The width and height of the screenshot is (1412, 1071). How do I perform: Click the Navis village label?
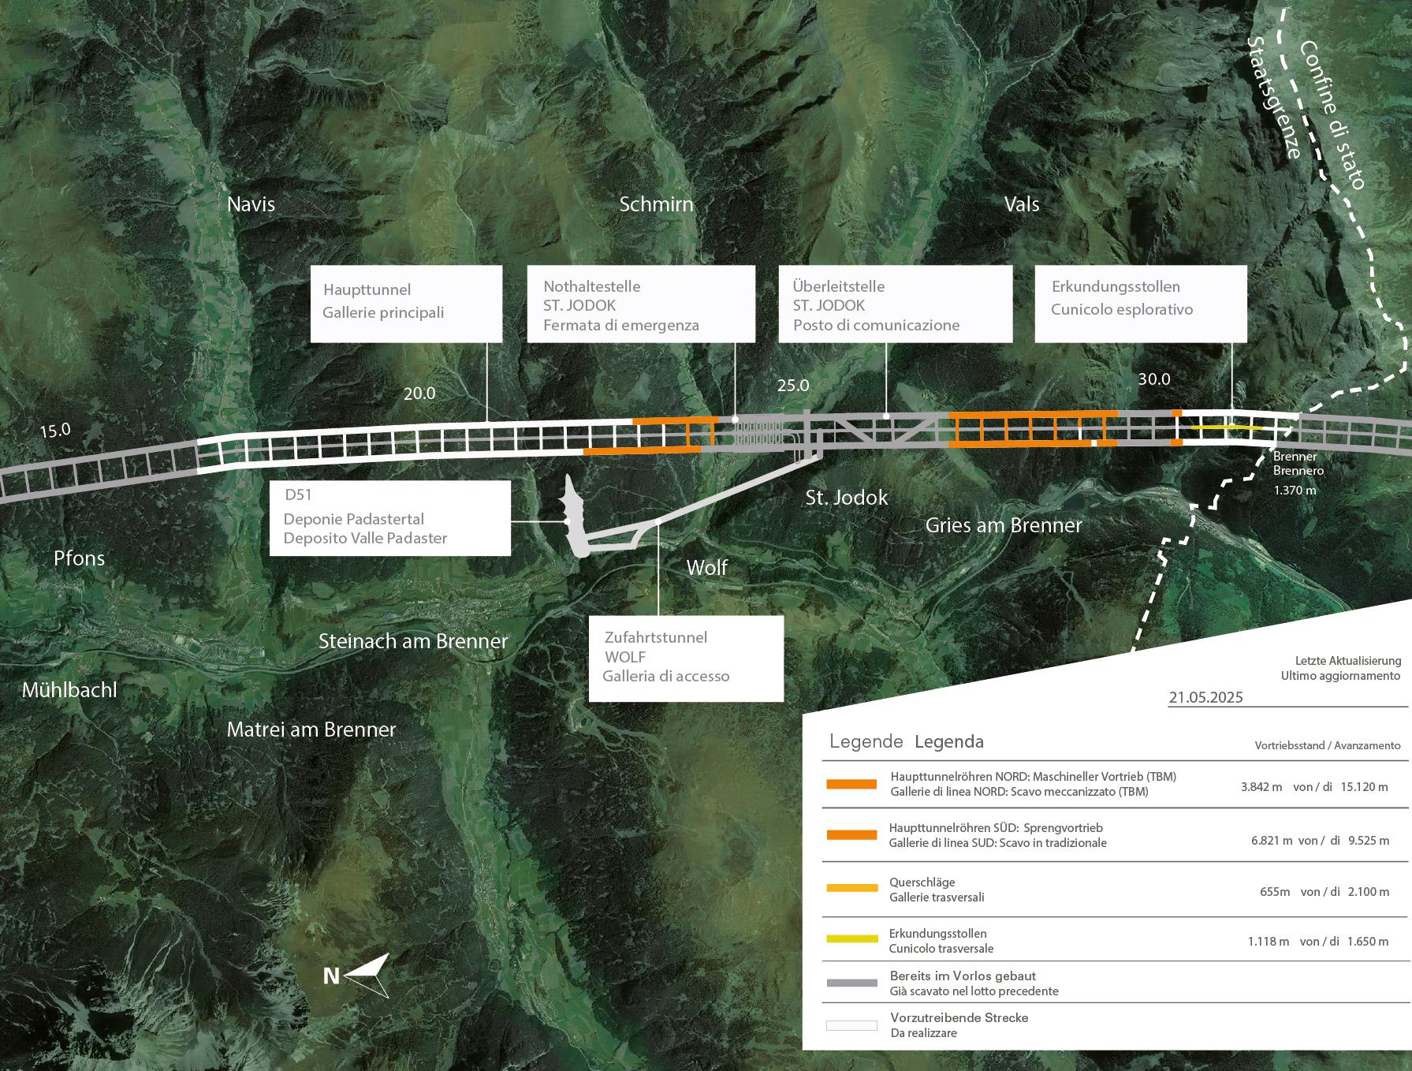click(x=251, y=204)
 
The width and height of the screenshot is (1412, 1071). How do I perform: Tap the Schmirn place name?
click(x=656, y=204)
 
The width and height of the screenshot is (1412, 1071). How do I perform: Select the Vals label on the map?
click(x=1022, y=204)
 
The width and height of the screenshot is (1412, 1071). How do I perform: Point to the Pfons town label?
click(x=79, y=558)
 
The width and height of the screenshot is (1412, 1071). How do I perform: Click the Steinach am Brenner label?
click(x=413, y=641)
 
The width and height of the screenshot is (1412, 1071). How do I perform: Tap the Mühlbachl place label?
click(x=69, y=690)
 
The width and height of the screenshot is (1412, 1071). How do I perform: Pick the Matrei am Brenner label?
click(x=311, y=730)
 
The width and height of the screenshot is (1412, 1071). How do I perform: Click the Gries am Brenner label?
click(x=1004, y=525)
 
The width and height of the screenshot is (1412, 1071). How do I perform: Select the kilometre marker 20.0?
click(x=419, y=394)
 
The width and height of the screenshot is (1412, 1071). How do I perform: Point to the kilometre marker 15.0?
click(x=55, y=431)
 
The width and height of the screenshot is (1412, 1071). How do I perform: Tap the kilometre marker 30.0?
click(x=1154, y=379)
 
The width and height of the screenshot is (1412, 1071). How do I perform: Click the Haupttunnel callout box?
click(x=406, y=304)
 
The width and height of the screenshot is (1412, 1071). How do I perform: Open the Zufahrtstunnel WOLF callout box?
click(x=686, y=659)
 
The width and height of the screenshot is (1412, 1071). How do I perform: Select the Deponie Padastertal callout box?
click(x=390, y=518)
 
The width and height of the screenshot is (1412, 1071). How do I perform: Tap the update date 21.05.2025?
click(x=1205, y=697)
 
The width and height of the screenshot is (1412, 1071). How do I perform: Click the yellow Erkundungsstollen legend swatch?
click(x=851, y=939)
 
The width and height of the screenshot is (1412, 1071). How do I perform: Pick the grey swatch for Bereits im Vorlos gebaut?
click(x=851, y=983)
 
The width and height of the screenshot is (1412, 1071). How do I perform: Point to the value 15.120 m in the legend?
click(x=1364, y=787)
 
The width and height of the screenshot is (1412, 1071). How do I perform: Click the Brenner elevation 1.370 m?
click(x=1295, y=491)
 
